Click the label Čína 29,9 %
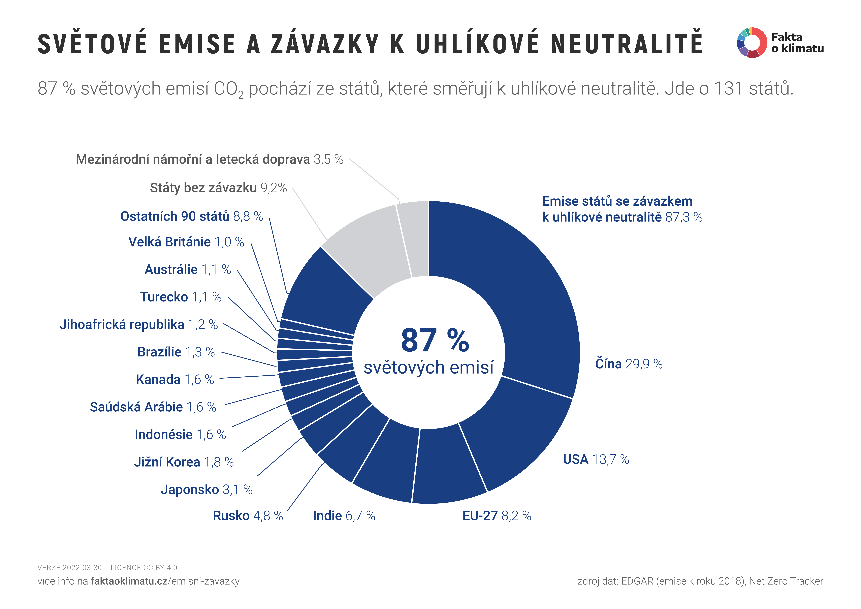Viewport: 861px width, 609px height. tap(629, 364)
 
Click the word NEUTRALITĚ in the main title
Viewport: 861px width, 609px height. tap(626, 44)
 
